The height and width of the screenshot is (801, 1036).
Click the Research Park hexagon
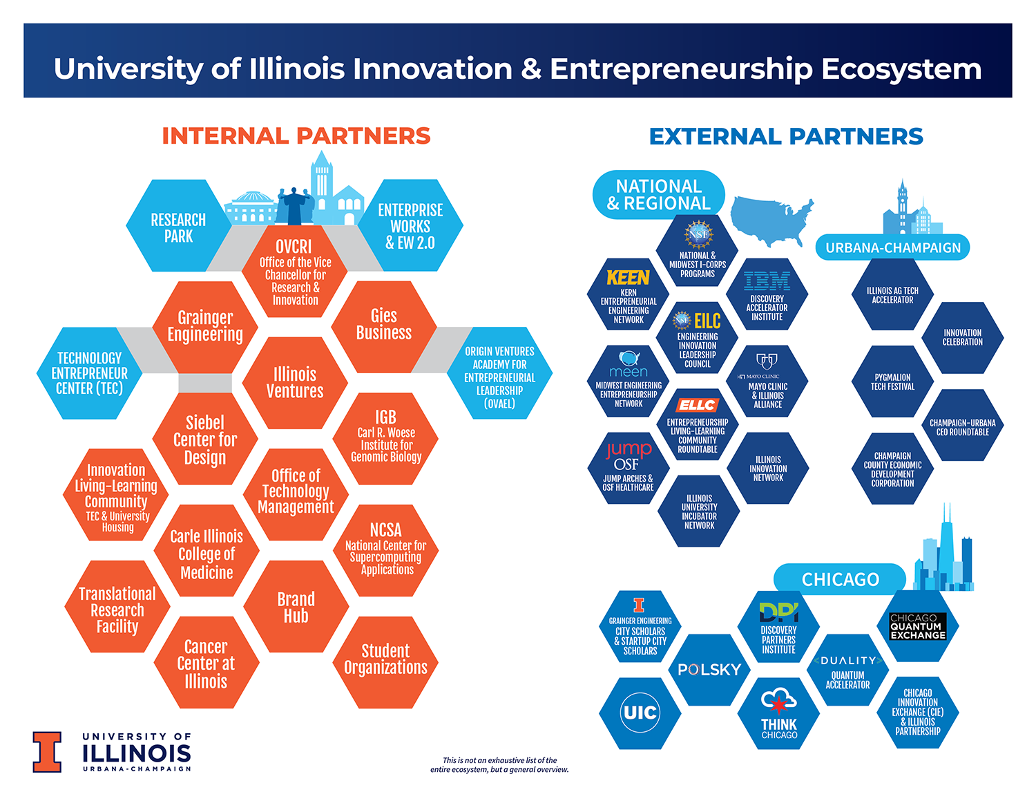point(178,226)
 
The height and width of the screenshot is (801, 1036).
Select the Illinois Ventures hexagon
point(295,383)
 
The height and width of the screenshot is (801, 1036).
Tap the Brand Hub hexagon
point(296,607)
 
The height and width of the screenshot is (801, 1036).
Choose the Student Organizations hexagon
point(385,663)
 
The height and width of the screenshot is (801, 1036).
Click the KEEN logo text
point(628,277)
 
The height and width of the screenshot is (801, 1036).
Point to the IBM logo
point(767,281)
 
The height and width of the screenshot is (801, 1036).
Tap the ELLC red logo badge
point(697,405)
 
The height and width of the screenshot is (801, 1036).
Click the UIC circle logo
point(640,713)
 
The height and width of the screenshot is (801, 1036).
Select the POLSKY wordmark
point(709,670)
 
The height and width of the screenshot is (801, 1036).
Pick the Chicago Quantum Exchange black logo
point(918,626)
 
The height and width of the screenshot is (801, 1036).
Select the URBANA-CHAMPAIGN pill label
point(892,247)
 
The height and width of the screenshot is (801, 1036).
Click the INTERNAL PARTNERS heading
point(296,136)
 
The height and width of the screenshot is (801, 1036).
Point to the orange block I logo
point(47,752)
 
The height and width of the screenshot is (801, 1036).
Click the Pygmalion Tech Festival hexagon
point(892,381)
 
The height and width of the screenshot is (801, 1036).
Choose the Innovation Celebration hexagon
point(962,337)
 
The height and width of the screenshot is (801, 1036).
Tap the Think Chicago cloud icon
point(778,700)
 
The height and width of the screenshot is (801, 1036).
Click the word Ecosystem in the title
point(901,69)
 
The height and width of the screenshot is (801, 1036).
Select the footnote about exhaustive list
point(499,765)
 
